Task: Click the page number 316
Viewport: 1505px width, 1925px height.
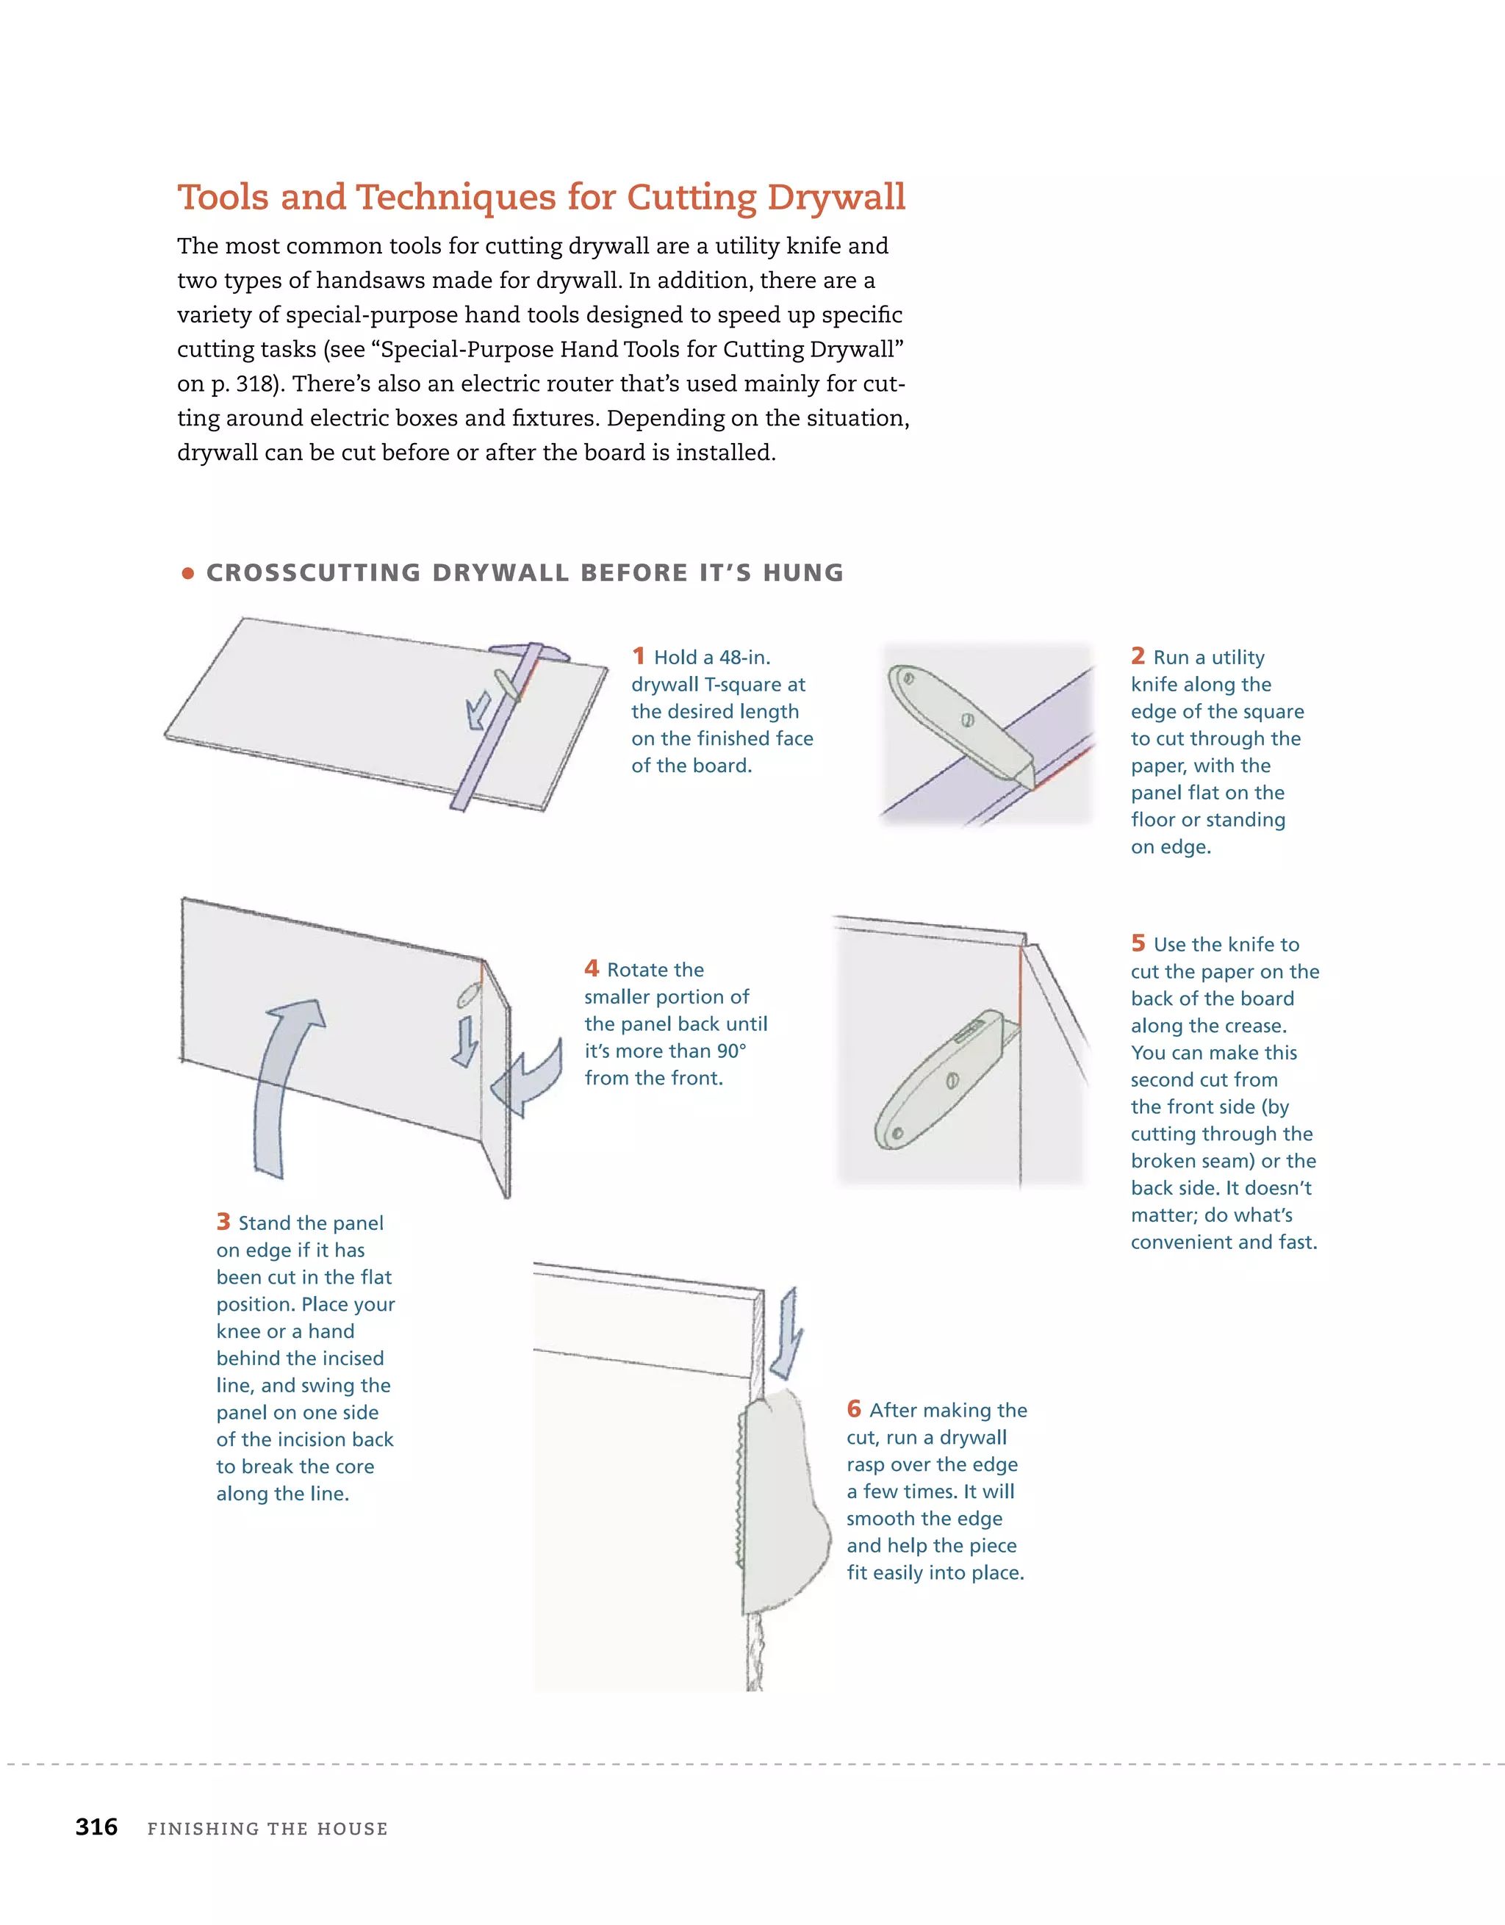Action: click(x=96, y=1827)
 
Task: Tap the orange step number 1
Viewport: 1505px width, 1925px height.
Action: click(x=639, y=656)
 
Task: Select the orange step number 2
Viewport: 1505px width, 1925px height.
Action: click(x=1138, y=656)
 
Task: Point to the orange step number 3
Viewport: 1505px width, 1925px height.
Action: click(x=223, y=1222)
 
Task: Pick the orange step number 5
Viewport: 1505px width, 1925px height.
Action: click(x=1138, y=943)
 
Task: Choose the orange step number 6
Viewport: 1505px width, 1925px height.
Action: click(x=853, y=1408)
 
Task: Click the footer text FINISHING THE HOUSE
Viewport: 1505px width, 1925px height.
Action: click(x=267, y=1829)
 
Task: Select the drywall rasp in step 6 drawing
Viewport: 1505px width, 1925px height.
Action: click(x=780, y=1498)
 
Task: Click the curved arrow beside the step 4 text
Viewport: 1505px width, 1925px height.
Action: click(x=529, y=1080)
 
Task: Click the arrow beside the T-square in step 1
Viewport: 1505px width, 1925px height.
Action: click(x=478, y=710)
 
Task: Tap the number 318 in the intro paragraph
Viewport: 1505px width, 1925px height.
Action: click(x=256, y=384)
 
